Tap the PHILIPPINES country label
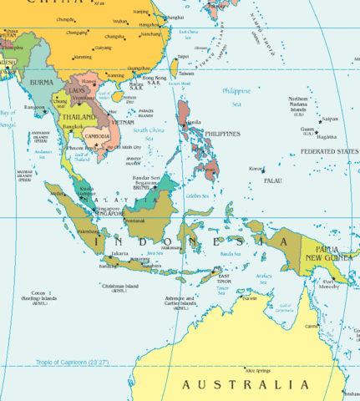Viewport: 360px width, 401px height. (222, 134)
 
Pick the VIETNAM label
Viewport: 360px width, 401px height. (122, 122)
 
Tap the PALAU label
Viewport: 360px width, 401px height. (272, 180)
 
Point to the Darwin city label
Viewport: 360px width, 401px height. (250, 297)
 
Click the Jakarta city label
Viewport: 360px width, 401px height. (120, 253)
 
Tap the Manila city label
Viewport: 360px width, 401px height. (195, 122)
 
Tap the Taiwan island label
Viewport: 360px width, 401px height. (185, 73)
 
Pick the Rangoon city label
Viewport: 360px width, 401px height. (33, 107)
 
